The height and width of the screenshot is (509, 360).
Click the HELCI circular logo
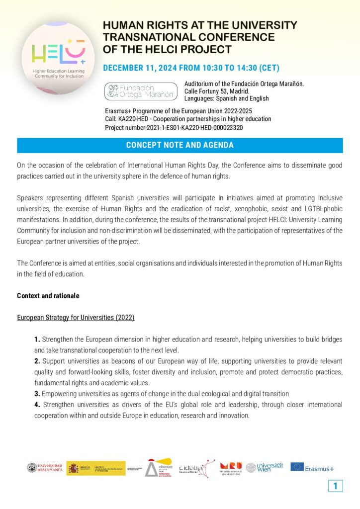(59, 57)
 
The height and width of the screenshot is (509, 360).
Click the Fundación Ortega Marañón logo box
(140, 91)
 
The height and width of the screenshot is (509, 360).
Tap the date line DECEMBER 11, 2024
(191, 68)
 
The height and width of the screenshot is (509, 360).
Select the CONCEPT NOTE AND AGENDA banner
(180, 145)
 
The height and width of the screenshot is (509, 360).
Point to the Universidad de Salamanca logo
(45, 468)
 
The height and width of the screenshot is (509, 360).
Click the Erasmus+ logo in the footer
(312, 468)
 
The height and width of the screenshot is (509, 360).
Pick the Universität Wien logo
(265, 467)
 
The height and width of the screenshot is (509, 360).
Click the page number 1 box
(335, 486)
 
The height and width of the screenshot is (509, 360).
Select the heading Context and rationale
(48, 296)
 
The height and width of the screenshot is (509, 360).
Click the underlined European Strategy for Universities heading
(76, 317)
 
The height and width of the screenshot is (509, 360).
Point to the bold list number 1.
(37, 339)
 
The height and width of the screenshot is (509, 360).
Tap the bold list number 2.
(37, 361)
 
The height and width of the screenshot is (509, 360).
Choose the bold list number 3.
(37, 394)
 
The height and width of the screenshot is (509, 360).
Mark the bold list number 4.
(37, 405)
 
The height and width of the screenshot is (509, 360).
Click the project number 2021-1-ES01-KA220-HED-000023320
(174, 128)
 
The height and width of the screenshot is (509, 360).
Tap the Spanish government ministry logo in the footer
(96, 468)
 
